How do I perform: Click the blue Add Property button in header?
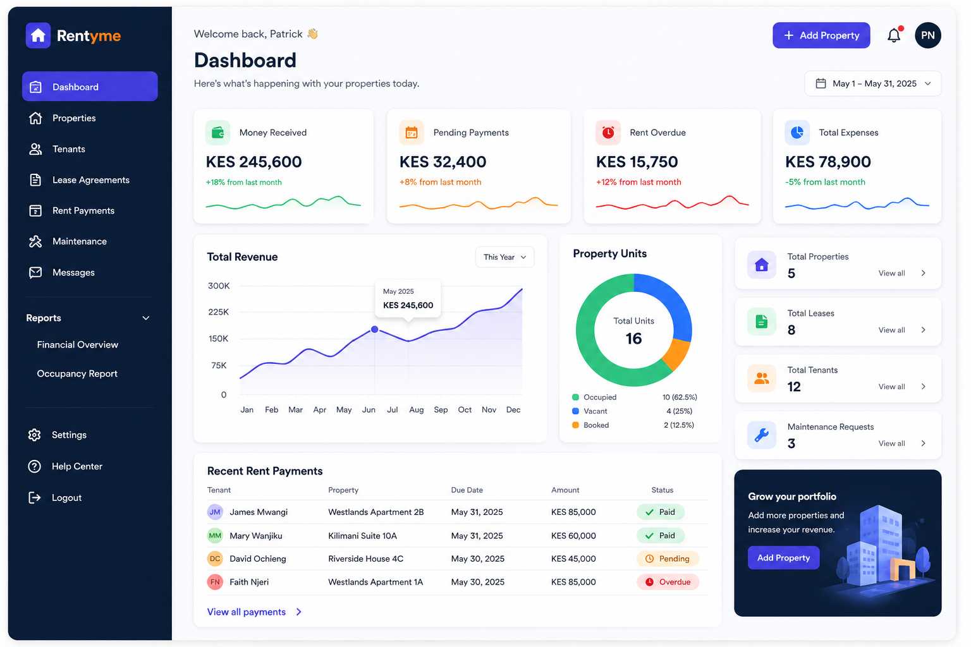pos(821,35)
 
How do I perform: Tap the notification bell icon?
pos(893,35)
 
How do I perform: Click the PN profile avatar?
pos(927,35)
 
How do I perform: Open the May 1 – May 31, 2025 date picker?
pos(872,83)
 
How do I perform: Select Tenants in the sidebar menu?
pos(68,149)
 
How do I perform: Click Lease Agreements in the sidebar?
pos(90,180)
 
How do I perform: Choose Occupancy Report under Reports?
pos(77,373)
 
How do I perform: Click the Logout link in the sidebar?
pos(66,498)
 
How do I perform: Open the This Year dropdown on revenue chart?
pos(504,257)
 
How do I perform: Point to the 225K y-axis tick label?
pos(219,312)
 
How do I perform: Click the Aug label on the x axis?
pos(416,410)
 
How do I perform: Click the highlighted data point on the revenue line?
pos(375,329)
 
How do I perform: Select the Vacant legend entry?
pos(595,411)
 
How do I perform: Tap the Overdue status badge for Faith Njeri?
pos(668,582)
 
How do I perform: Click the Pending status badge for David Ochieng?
pos(668,559)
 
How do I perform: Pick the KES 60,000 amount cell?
pos(573,536)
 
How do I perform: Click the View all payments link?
pos(247,612)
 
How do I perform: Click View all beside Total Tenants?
pos(891,387)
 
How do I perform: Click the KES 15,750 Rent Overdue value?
pos(637,162)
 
